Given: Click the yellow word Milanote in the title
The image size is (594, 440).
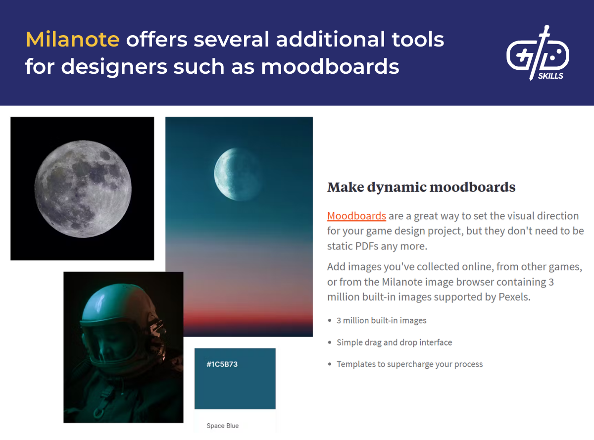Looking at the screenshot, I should (x=72, y=40).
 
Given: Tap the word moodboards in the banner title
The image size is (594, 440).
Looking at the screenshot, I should (x=330, y=66).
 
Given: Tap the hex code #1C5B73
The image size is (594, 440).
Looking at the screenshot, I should (x=222, y=365).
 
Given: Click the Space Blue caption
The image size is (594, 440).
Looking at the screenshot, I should (x=222, y=426).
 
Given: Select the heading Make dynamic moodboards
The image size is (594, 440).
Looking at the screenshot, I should (x=421, y=188).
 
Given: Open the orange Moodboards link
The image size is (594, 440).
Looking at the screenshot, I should (x=356, y=216).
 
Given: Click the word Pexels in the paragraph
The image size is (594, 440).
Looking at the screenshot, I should (x=514, y=297).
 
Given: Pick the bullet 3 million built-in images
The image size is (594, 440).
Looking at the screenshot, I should (x=381, y=321).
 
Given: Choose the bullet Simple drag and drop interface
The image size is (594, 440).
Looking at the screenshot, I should (x=394, y=342).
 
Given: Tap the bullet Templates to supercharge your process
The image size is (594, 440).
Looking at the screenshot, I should (x=409, y=364).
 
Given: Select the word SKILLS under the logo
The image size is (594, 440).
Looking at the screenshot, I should (x=550, y=76).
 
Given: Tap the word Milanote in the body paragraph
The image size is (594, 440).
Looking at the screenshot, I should (x=404, y=282).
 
